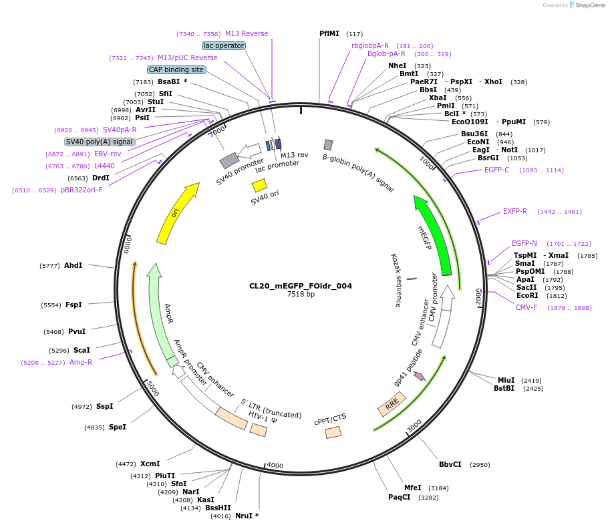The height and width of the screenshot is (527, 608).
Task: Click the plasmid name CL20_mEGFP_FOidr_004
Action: (x=300, y=286)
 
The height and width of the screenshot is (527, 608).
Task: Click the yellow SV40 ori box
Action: (x=259, y=185)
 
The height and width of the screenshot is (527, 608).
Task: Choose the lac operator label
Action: (x=224, y=45)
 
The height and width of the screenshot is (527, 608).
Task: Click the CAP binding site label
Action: (x=176, y=69)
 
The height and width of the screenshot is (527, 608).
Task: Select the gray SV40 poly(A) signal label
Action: (x=100, y=142)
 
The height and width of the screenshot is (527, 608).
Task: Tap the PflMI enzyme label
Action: (x=329, y=33)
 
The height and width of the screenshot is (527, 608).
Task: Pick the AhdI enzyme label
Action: (x=73, y=265)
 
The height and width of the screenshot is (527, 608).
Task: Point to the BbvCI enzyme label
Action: (x=450, y=464)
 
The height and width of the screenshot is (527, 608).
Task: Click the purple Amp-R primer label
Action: (x=81, y=362)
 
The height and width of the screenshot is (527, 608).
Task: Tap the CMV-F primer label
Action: (x=526, y=307)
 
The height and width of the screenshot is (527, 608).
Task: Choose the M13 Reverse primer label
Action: (x=247, y=33)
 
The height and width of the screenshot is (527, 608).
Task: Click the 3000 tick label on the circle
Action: (x=414, y=426)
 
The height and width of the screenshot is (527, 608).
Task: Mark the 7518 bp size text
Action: (x=301, y=294)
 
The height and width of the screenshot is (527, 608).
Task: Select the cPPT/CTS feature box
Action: (x=333, y=432)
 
